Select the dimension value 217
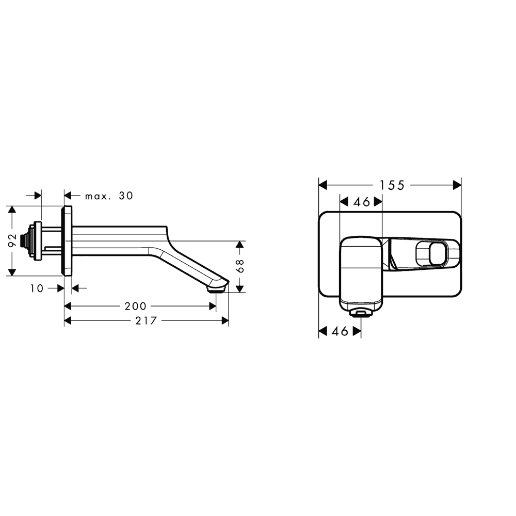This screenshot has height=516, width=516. pyautogui.click(x=146, y=320)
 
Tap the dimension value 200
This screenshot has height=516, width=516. pyautogui.click(x=135, y=307)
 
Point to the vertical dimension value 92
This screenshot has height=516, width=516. pyautogui.click(x=12, y=241)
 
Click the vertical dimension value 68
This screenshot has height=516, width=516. pyautogui.click(x=240, y=266)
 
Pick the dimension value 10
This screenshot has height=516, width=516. pyautogui.click(x=37, y=288)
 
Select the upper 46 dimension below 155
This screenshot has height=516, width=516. pyautogui.click(x=362, y=202)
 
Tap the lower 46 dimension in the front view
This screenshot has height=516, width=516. pyautogui.click(x=340, y=331)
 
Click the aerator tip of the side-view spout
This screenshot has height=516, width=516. pyautogui.click(x=217, y=290)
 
